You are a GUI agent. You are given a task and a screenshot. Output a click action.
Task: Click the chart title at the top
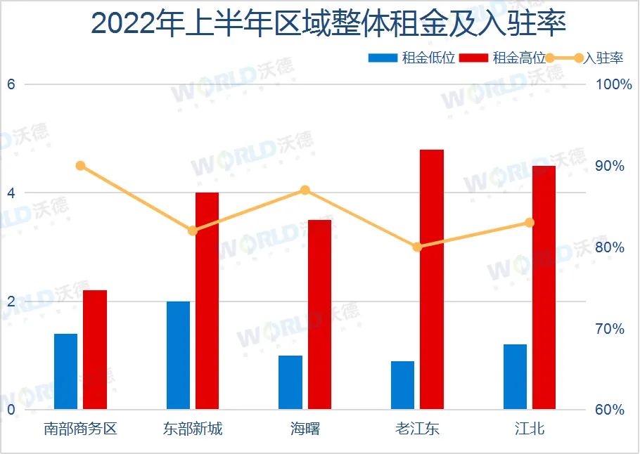[x=328, y=24]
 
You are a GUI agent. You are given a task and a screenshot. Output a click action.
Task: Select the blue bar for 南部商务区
[x=66, y=371]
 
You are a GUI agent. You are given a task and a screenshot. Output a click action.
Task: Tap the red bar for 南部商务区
[x=95, y=349]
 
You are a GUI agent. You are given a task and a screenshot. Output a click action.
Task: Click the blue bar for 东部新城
[x=179, y=355]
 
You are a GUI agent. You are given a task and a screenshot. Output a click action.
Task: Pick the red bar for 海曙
[x=319, y=314]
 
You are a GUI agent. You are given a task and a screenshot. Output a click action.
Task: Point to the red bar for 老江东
[x=432, y=279]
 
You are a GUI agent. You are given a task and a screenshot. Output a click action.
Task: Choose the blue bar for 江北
[x=515, y=377]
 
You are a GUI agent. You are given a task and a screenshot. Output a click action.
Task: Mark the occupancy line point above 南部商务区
[x=80, y=166]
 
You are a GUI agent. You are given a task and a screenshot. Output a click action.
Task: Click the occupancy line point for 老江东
[x=417, y=247]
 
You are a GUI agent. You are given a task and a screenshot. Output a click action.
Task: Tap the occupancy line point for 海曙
[x=305, y=190]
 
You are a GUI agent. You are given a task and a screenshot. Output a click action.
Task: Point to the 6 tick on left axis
[x=11, y=84]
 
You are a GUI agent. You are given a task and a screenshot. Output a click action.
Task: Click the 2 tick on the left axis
[x=11, y=301]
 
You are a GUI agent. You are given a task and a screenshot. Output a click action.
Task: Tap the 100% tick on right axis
[x=614, y=85]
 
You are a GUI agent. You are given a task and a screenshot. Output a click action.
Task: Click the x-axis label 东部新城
[x=193, y=429]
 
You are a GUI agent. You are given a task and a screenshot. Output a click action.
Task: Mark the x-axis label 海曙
[x=305, y=429]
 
